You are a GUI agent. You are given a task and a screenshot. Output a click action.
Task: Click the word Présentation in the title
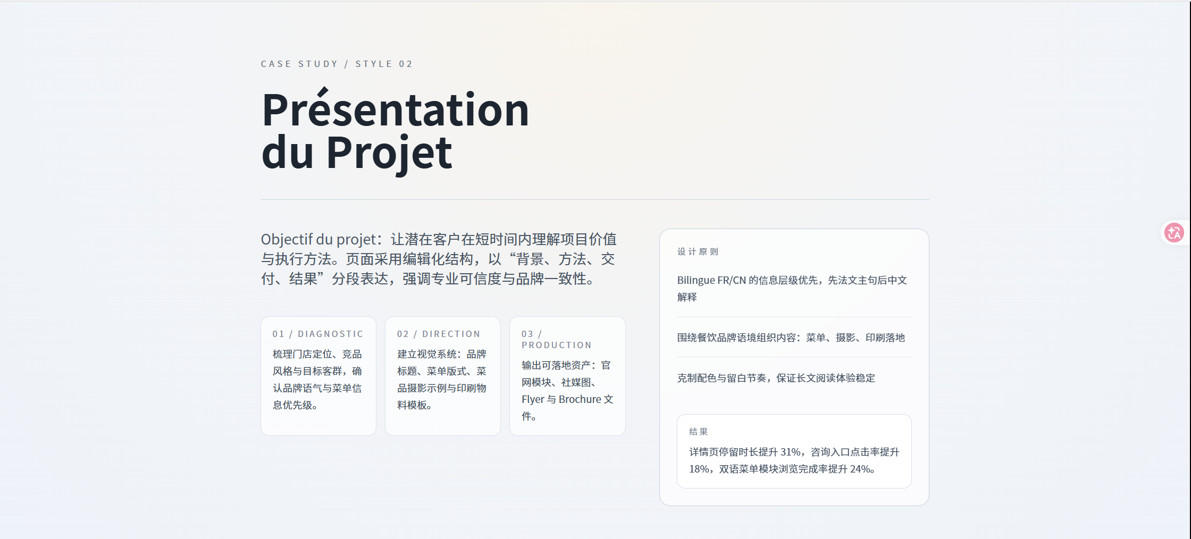(x=396, y=110)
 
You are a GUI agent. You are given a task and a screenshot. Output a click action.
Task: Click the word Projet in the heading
(x=389, y=153)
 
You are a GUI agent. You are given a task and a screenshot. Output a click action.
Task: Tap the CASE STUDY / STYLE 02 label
(x=337, y=64)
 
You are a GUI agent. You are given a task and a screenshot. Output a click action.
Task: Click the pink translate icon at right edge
(x=1174, y=233)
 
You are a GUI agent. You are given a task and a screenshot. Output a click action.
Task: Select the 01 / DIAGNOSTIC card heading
(x=318, y=334)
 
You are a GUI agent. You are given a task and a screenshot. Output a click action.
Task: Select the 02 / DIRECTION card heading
(x=439, y=334)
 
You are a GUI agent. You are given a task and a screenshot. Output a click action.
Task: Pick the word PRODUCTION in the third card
(x=557, y=345)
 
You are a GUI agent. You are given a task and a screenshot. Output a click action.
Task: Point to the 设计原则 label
(x=698, y=251)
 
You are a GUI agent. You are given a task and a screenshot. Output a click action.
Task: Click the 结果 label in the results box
(x=699, y=432)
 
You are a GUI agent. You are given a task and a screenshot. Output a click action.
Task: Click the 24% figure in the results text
(x=860, y=469)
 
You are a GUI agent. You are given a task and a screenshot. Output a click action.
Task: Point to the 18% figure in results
(x=700, y=469)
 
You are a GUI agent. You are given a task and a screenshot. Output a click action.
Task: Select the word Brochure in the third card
(x=580, y=399)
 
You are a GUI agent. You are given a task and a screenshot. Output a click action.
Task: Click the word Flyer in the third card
(x=533, y=400)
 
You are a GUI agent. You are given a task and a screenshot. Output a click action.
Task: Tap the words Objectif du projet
(x=318, y=240)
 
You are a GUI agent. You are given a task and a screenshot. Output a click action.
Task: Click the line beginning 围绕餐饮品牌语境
(x=791, y=338)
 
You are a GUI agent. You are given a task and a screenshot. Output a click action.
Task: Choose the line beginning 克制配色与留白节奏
(x=776, y=378)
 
